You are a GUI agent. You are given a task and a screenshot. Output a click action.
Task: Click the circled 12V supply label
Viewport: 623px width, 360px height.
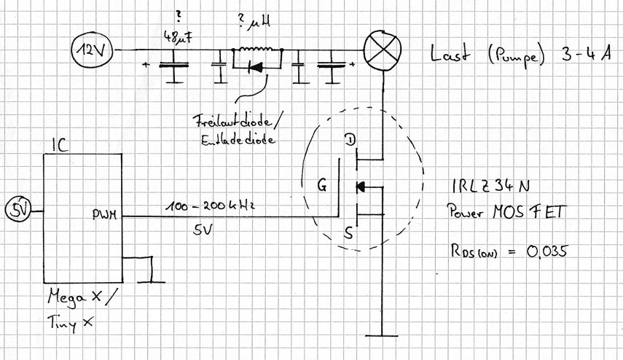(92, 51)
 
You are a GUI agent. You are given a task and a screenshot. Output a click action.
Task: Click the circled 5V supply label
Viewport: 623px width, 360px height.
(18, 211)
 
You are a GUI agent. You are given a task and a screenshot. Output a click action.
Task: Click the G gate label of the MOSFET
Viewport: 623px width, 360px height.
(321, 185)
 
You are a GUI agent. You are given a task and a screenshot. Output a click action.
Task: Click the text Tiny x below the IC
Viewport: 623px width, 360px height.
(71, 321)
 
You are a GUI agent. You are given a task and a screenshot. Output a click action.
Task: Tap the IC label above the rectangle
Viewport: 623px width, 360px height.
(59, 146)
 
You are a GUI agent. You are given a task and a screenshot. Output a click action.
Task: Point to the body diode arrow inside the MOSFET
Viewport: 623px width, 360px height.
(359, 187)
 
